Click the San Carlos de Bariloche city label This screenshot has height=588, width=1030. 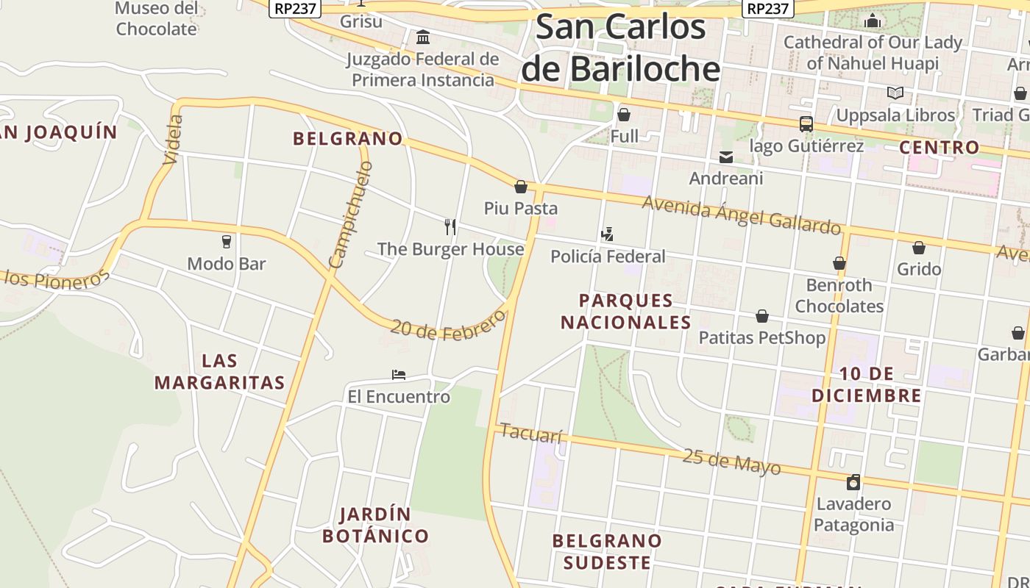[x=620, y=48]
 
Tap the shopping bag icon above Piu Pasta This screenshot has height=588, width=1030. [x=521, y=187]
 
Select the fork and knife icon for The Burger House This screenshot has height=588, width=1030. [x=450, y=226]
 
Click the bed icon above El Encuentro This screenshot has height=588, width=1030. [x=399, y=375]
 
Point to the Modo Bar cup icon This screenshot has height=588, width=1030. [x=227, y=242]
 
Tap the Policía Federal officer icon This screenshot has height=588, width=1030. [x=607, y=234]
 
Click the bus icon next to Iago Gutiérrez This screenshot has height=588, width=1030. [x=806, y=124]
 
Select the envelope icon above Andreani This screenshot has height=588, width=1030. [x=726, y=157]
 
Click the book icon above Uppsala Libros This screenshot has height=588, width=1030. [x=895, y=93]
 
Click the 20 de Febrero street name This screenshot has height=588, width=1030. [x=448, y=326]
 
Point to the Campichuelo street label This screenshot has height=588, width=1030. [x=351, y=215]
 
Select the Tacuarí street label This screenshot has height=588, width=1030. [x=530, y=434]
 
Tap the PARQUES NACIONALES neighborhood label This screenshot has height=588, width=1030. [x=626, y=311]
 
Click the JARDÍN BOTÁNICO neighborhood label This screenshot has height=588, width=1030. [x=375, y=525]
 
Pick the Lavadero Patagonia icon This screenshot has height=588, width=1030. [x=853, y=482]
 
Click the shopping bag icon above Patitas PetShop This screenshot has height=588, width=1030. [x=762, y=316]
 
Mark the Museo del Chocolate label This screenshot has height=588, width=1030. [x=156, y=19]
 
